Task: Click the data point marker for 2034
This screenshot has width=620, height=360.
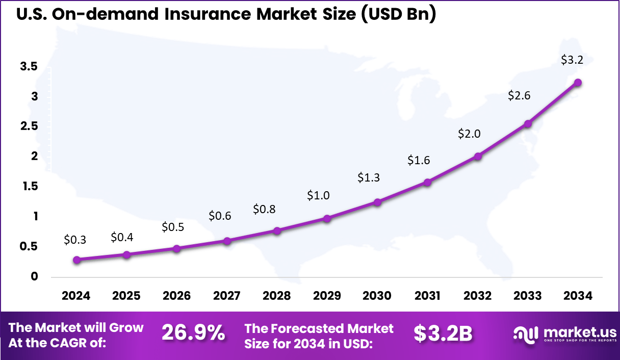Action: coord(578,83)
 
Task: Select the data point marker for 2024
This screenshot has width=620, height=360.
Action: coord(76,260)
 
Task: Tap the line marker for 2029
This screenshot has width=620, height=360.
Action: coord(327,218)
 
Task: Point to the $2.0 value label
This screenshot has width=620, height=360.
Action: coord(469,134)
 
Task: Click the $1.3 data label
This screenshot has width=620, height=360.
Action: coord(368,177)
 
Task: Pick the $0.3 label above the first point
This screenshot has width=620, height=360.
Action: coord(75,239)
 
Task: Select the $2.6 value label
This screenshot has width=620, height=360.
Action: coord(519,95)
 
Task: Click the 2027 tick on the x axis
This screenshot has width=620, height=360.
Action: coord(227,296)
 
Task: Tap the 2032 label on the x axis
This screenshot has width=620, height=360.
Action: coord(477,296)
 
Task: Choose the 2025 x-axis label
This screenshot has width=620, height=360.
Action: coord(126,296)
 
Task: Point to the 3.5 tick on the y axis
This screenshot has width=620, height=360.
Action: coord(29,66)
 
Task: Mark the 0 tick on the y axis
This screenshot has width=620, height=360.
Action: coord(35,277)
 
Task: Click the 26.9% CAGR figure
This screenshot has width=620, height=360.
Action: coord(193,333)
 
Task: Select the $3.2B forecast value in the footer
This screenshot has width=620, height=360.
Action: coord(443,333)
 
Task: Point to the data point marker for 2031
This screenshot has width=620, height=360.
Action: coord(428,182)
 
